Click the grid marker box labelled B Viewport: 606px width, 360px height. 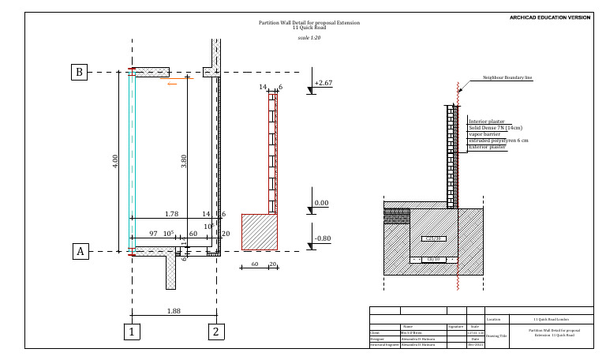79,73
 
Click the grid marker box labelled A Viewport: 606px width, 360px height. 79,252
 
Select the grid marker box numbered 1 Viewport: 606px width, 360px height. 133,332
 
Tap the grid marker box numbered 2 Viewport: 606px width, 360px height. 215,332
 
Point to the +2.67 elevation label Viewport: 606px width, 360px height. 323,83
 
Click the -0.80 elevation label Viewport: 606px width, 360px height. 322,238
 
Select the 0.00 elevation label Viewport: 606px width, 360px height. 321,203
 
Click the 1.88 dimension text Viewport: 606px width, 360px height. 174,311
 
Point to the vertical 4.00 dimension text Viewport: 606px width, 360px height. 115,160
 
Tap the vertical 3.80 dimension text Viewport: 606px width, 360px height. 184,160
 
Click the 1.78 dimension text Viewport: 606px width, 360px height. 170,214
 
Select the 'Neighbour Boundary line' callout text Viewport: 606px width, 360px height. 507,78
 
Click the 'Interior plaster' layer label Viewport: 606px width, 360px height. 487,122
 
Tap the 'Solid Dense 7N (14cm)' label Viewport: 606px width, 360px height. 496,128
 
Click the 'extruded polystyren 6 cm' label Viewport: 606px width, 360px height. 498,141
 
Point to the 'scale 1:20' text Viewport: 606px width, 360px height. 309,38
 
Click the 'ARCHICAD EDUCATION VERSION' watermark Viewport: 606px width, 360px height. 550,17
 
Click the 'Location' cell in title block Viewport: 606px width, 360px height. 494,319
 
